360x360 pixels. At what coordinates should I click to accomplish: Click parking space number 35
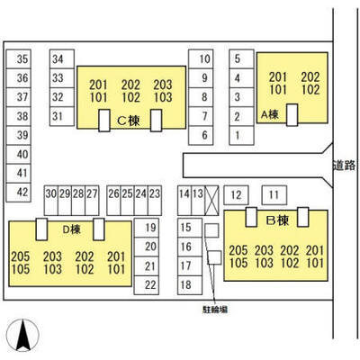pos(19,59)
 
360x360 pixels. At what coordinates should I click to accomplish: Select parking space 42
pos(19,193)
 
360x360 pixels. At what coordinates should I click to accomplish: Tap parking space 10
pos(201,59)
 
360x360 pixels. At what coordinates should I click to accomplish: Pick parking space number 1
pos(241,136)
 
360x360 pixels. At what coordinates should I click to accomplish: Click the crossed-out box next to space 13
pos(211,201)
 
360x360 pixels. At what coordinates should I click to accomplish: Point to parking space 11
pos(274,195)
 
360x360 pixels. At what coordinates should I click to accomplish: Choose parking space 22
pos(147,285)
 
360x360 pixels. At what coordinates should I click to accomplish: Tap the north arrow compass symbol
pos(23,335)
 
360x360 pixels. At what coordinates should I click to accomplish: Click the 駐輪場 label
pos(215,310)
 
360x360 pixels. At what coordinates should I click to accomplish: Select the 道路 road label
pos(344,166)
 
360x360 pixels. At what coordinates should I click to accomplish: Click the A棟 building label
pos(270,114)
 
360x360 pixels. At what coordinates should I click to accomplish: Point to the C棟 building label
pos(129,121)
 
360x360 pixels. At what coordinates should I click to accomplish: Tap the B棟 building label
pos(277,221)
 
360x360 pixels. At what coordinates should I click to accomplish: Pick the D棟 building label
pos(71,229)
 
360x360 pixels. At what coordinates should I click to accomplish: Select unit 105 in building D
pos(21,269)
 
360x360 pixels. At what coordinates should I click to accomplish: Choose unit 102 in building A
pos(310,90)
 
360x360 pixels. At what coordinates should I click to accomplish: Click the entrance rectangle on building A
pos(292,115)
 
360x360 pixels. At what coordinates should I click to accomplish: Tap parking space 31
pos(62,116)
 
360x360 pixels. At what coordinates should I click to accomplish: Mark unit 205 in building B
pos(238,250)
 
